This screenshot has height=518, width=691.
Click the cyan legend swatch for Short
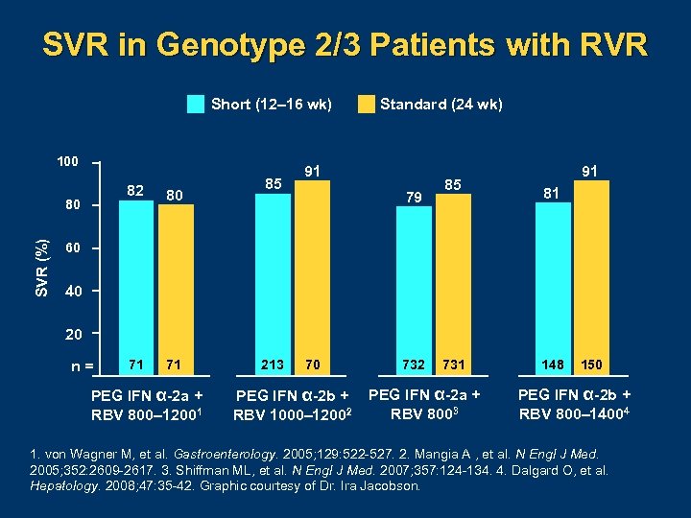(x=196, y=105)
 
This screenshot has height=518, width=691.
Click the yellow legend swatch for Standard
(x=367, y=105)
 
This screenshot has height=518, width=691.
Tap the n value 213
(x=272, y=365)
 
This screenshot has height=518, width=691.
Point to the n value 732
(x=415, y=365)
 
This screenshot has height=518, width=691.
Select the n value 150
(x=592, y=365)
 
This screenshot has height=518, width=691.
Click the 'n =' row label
(x=83, y=365)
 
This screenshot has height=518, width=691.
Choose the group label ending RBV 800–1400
(x=575, y=404)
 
